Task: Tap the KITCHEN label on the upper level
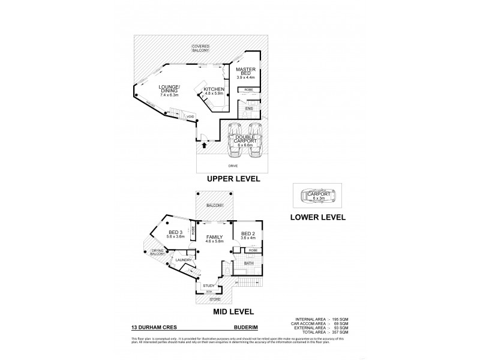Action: pos(213,90)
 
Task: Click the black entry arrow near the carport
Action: pos(205,145)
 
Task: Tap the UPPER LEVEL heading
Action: pos(233,179)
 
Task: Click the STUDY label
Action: pos(209,285)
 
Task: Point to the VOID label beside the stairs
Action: pos(190,116)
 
